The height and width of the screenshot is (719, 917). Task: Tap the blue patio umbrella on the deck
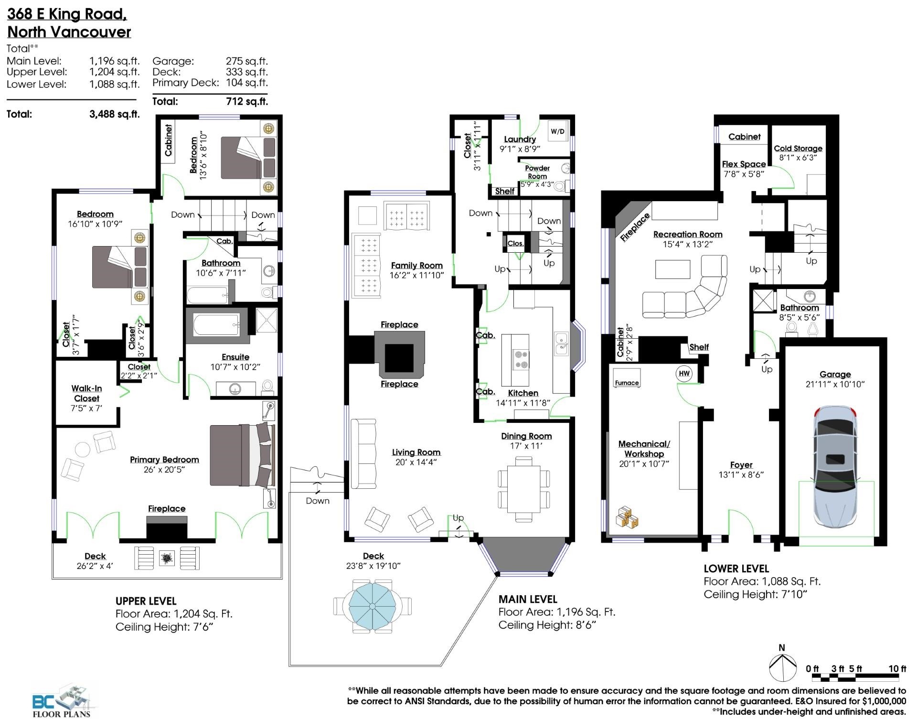click(372, 606)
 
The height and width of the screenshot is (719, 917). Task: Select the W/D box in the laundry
click(557, 131)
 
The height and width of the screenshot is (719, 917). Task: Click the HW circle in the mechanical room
click(684, 374)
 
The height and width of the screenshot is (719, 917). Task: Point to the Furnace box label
click(627, 383)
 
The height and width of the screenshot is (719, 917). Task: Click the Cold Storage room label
click(798, 149)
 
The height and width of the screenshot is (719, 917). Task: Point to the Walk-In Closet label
click(86, 393)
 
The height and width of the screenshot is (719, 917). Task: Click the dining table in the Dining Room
click(523, 489)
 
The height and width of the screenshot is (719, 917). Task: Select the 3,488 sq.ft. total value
click(115, 114)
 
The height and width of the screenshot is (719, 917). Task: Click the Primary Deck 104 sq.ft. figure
click(246, 83)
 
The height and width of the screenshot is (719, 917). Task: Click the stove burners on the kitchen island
click(521, 359)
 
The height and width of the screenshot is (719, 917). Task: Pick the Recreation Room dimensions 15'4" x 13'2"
click(688, 245)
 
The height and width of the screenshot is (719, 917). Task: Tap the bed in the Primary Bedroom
click(243, 454)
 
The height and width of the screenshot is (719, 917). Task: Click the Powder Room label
click(537, 172)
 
